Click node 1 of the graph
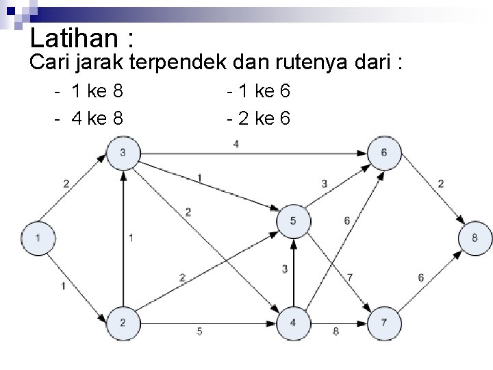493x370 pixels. pos(37,238)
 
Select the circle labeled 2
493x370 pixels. pos(122,322)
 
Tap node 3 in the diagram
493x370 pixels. pos(122,152)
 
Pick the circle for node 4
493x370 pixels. pos(293,322)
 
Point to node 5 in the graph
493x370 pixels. pos(293,221)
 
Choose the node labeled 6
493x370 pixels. pos(383,152)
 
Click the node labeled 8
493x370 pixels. pos(474,238)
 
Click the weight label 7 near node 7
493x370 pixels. pos(351,277)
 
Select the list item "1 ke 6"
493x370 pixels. pos(264,90)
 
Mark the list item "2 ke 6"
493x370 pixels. pos(264,119)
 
